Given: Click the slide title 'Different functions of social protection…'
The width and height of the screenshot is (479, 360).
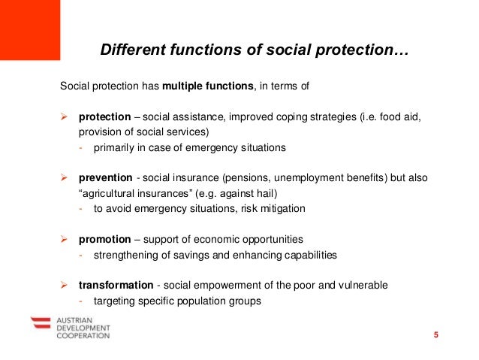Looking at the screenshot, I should point(255,51).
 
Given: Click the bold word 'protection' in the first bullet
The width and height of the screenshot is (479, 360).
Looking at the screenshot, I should point(104,117).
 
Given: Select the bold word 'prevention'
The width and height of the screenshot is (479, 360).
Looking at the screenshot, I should point(105,178).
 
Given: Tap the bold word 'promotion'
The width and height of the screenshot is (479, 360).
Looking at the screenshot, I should point(104,240).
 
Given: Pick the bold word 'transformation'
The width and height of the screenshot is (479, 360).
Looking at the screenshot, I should point(115,286).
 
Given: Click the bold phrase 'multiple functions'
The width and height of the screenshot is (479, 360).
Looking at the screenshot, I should point(209,86).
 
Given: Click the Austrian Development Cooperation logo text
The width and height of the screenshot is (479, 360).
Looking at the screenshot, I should point(82,328).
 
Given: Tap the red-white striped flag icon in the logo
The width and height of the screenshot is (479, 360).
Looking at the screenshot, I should point(40,325).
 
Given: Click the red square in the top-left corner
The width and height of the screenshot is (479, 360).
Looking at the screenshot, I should point(30,28).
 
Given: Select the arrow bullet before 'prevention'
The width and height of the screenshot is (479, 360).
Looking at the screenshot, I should point(65,178).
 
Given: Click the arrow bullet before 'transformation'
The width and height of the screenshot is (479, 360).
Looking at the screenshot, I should point(65,286).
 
